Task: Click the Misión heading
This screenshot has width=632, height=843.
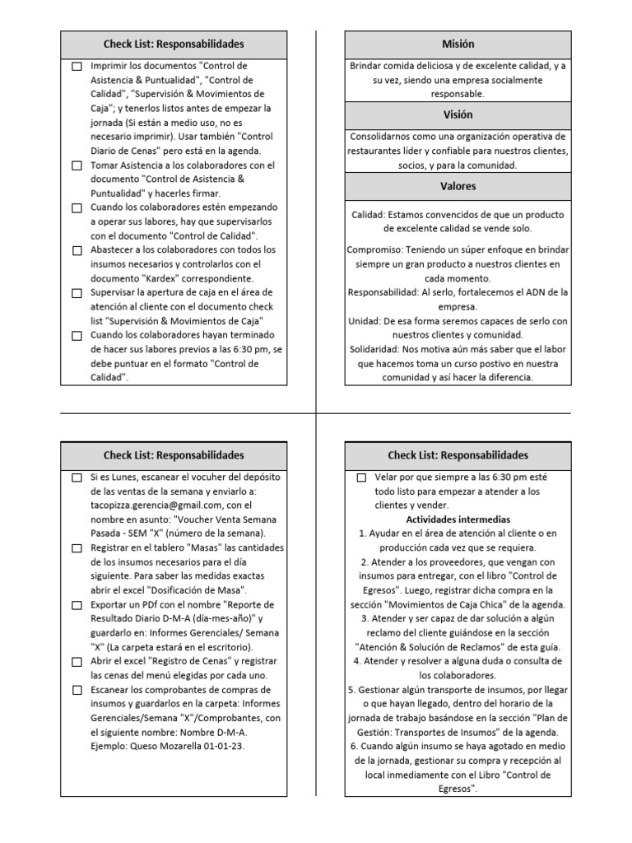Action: [x=458, y=44]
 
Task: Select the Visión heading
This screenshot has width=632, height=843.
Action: [x=458, y=115]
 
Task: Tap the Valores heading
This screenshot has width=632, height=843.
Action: [x=458, y=187]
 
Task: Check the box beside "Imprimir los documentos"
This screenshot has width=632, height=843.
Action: [x=77, y=67]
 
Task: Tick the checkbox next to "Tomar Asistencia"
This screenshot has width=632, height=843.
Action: [x=77, y=165]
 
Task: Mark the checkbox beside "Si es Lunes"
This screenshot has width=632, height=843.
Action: [x=77, y=478]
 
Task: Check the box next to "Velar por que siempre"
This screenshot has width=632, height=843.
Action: [x=361, y=478]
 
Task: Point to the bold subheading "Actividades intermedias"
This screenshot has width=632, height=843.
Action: [x=458, y=519]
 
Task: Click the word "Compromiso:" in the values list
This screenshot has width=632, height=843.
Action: [x=374, y=249]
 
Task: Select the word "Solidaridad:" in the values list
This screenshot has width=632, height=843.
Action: [x=375, y=349]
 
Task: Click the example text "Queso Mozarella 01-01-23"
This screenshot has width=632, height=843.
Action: [x=185, y=746]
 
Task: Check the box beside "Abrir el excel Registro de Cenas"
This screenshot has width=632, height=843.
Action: [x=77, y=662]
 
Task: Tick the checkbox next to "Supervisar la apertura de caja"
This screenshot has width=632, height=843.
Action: [x=77, y=293]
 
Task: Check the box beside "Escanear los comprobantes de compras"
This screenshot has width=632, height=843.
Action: [x=77, y=690]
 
